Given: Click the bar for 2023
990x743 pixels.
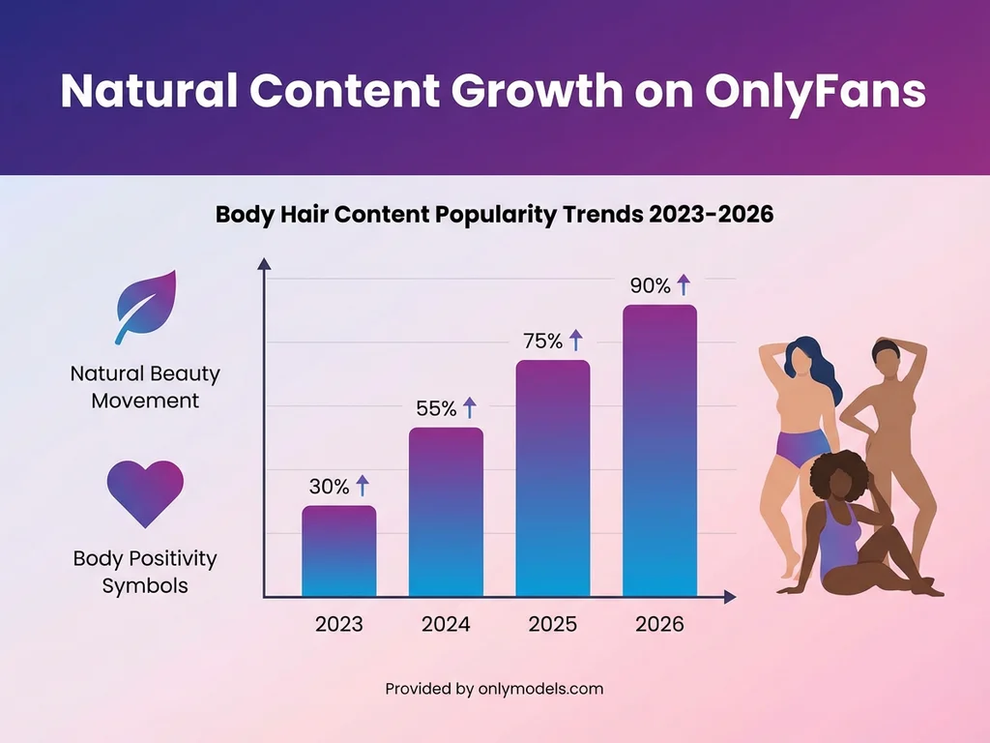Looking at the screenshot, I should pyautogui.click(x=339, y=550).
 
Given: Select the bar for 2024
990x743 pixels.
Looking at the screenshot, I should pyautogui.click(x=446, y=512).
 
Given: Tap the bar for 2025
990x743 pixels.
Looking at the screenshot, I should pyautogui.click(x=552, y=478).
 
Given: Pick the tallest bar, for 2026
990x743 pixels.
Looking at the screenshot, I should pyautogui.click(x=659, y=450).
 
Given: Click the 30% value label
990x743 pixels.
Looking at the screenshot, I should pyautogui.click(x=330, y=487).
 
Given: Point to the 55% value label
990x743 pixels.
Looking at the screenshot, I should pyautogui.click(x=436, y=408).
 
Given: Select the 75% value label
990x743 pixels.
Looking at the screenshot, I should pyautogui.click(x=542, y=341).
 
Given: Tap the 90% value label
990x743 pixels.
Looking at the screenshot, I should pyautogui.click(x=650, y=285).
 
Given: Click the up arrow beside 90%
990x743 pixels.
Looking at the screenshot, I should pyautogui.click(x=684, y=284).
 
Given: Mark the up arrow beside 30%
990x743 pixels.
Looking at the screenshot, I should pyautogui.click(x=363, y=486).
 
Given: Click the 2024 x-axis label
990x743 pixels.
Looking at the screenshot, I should pyautogui.click(x=446, y=624).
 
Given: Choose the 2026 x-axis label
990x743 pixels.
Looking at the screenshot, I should pyautogui.click(x=659, y=624).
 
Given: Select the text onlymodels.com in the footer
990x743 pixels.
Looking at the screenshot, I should pyautogui.click(x=540, y=689).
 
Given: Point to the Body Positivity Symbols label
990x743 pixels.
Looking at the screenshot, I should pyautogui.click(x=145, y=572).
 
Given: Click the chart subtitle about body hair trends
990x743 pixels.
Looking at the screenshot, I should pyautogui.click(x=494, y=214).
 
